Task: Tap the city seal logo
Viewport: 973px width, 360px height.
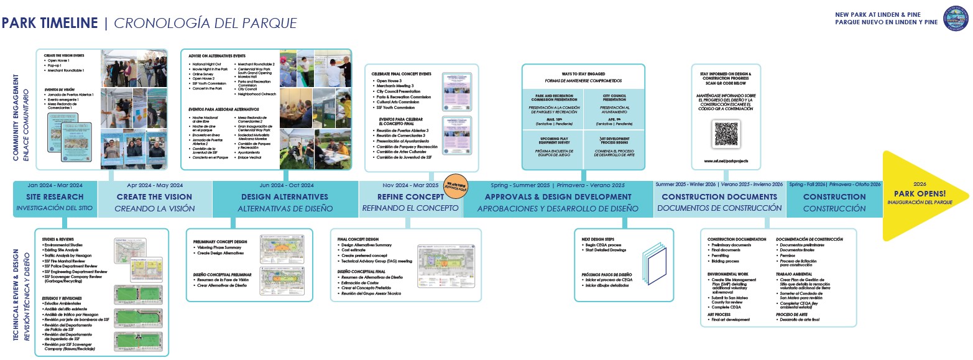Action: pos(956,19)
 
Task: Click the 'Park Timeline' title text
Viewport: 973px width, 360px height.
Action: pos(50,24)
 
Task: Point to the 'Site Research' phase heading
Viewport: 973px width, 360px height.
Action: pos(55,196)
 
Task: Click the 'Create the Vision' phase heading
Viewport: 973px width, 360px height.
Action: pos(155,196)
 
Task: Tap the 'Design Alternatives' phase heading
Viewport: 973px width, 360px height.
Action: pos(286,196)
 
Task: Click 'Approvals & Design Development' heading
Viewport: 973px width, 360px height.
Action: pos(558,196)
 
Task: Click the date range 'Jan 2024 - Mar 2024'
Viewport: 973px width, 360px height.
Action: pos(55,185)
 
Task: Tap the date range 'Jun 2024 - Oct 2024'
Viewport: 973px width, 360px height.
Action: pos(286,185)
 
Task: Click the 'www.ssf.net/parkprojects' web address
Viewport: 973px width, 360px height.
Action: pos(726,160)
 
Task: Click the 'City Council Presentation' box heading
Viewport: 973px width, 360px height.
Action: pos(614,98)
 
